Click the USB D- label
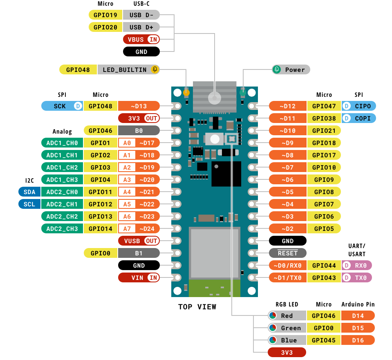141,15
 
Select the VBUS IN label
141,40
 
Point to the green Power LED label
291,69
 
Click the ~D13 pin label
139,106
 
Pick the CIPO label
358,106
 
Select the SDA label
29,192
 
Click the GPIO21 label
324,131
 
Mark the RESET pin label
287,253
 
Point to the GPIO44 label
324,266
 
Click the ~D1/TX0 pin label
287,278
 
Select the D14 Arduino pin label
358,315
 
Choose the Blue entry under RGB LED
287,340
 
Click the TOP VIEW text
197,307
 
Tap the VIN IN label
139,278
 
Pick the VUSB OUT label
139,241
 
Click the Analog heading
62,132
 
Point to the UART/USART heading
357,250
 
